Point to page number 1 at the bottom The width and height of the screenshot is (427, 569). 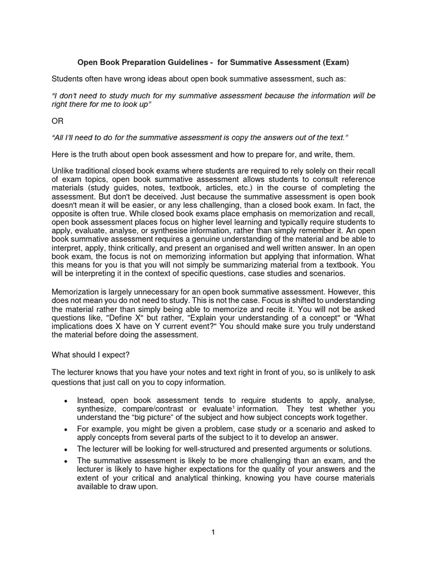pyautogui.click(x=213, y=532)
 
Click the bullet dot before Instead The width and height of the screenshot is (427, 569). pyautogui.click(x=66, y=401)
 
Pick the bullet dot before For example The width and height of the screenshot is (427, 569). pyautogui.click(x=66, y=430)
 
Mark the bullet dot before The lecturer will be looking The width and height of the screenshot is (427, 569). pyautogui.click(x=66, y=449)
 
